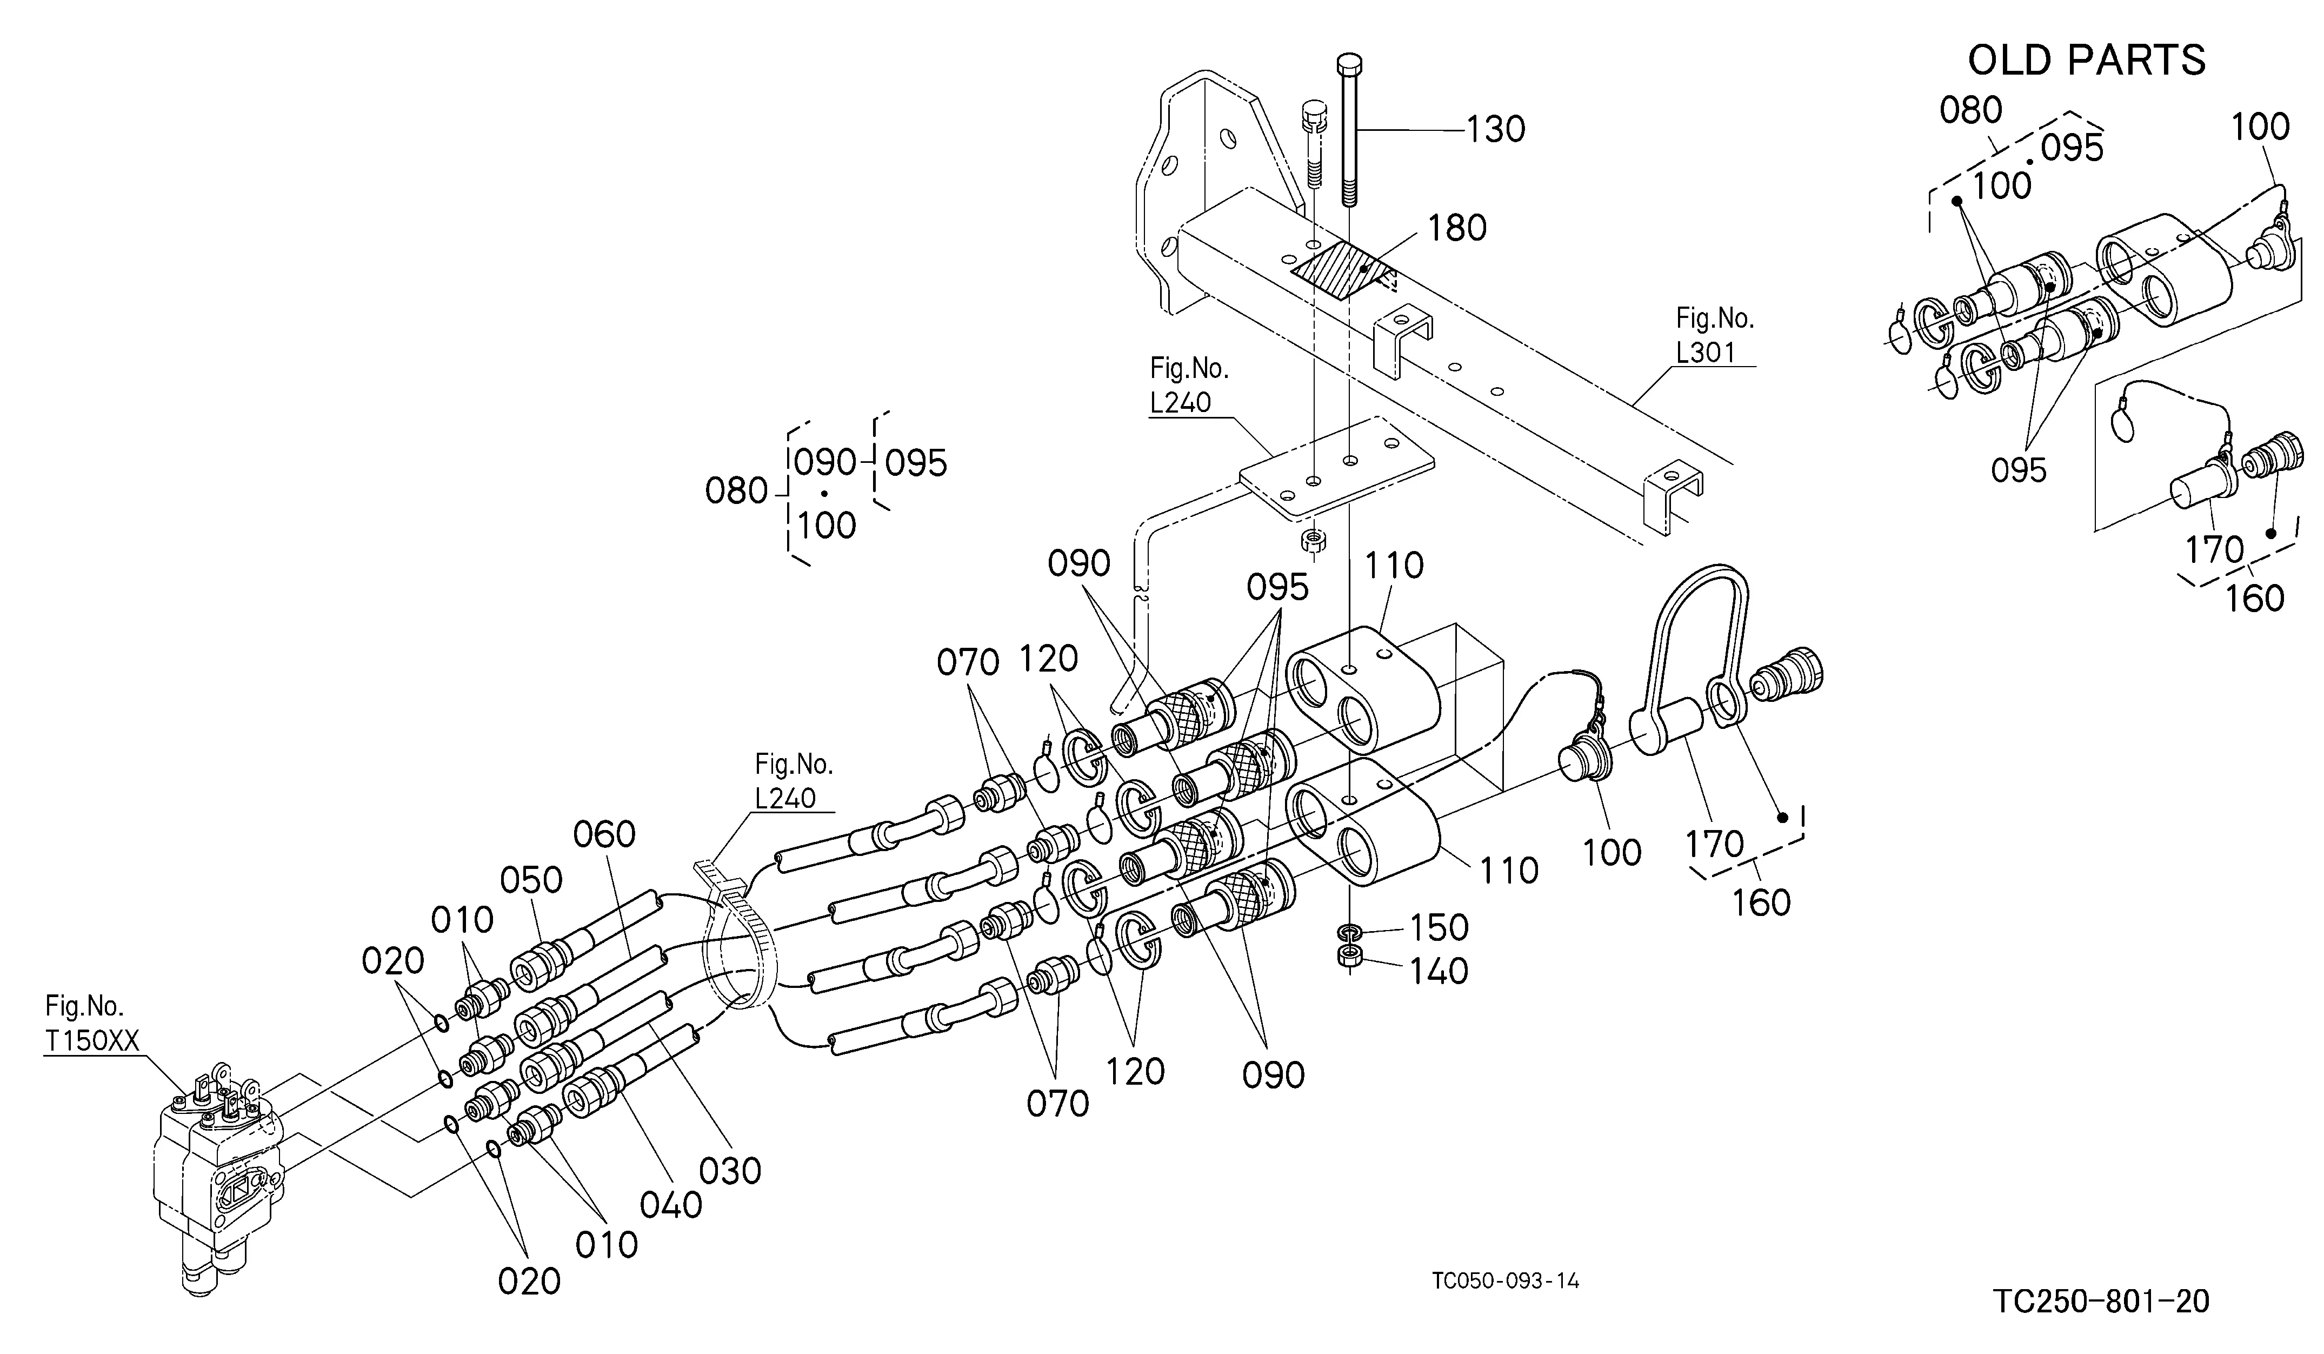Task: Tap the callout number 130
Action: coord(1496,130)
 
